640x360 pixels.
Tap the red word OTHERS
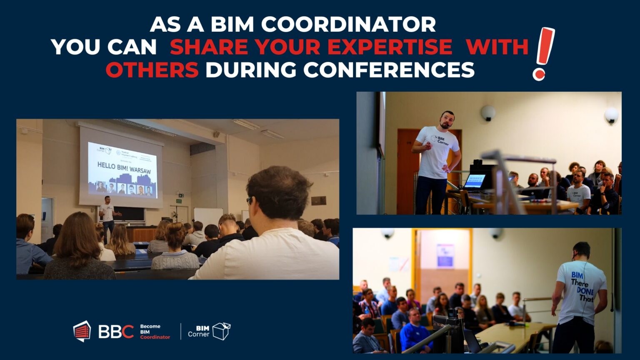pyautogui.click(x=152, y=70)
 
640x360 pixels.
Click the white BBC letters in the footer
pyautogui.click(x=116, y=332)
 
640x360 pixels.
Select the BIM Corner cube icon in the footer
pyautogui.click(x=221, y=331)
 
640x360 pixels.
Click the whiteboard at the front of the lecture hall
pyautogui.click(x=208, y=217)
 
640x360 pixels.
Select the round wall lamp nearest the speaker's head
pyautogui.click(x=487, y=112)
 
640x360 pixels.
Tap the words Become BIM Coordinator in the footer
pyautogui.click(x=155, y=332)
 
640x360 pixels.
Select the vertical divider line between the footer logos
pyautogui.click(x=181, y=331)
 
